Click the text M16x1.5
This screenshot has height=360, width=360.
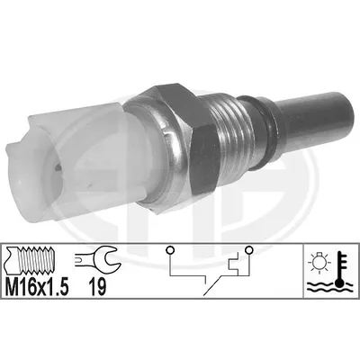coord(37,287)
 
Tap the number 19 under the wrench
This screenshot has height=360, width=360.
coord(97,287)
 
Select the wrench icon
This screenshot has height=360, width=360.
coord(98,258)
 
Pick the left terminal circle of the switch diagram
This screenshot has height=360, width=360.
coord(170,250)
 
